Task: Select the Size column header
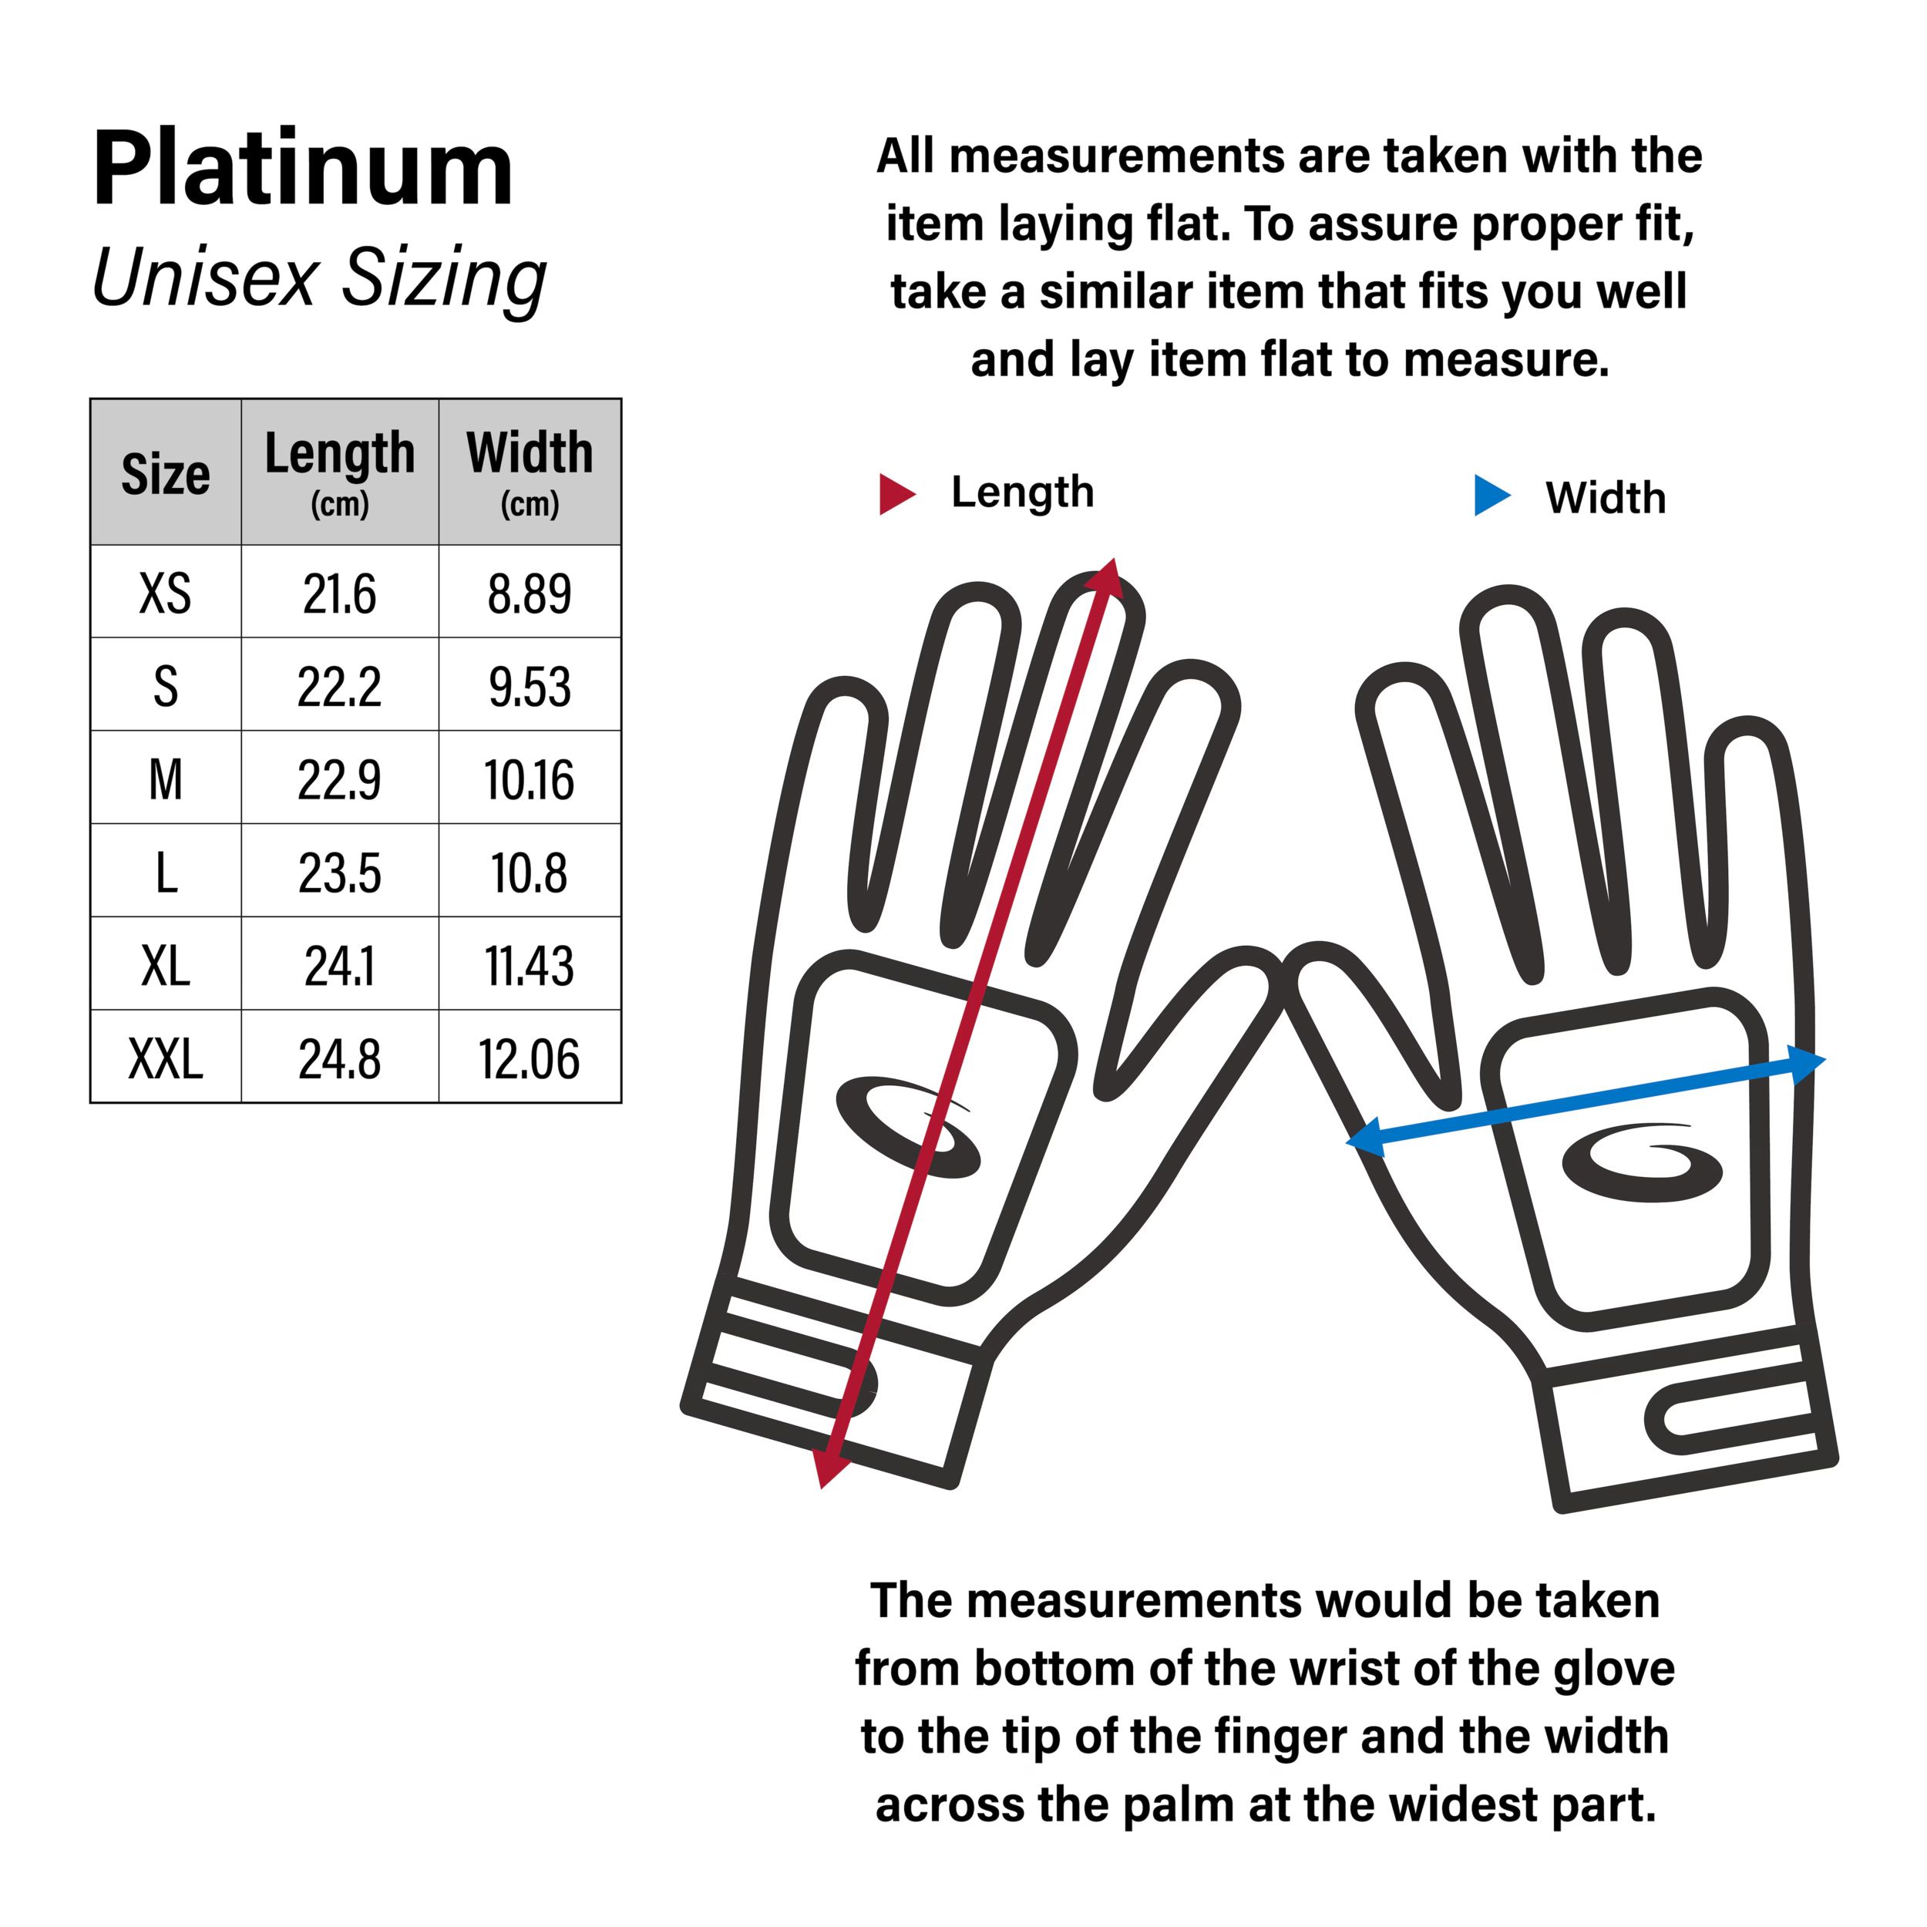pyautogui.click(x=166, y=474)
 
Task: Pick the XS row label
pyautogui.click(x=166, y=594)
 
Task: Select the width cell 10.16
pyautogui.click(x=530, y=780)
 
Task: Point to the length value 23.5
pyautogui.click(x=339, y=873)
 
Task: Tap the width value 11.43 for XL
pyautogui.click(x=530, y=966)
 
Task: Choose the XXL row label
pyautogui.click(x=166, y=1058)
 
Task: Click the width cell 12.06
pyautogui.click(x=530, y=1058)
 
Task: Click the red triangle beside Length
pyautogui.click(x=895, y=494)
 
